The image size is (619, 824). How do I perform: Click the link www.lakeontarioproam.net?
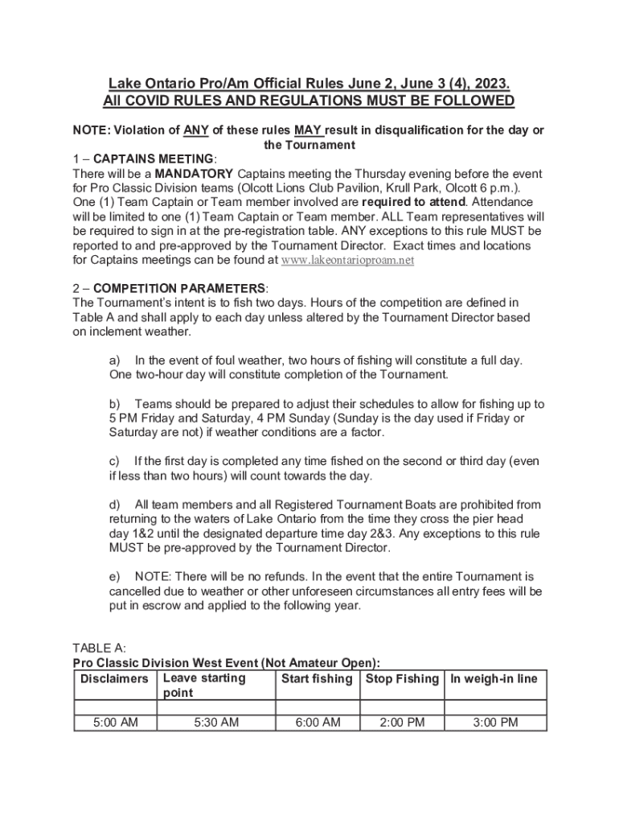pos(346,261)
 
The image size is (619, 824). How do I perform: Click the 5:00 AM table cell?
pos(115,723)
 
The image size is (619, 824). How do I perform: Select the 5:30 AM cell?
pos(216,723)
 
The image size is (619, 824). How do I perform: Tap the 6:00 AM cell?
pos(318,723)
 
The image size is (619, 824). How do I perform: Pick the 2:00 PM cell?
pos(402,723)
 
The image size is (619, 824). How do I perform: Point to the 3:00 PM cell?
pos(495,723)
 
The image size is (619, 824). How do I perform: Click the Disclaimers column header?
pos(115,679)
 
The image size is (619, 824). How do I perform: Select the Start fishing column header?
pos(318,679)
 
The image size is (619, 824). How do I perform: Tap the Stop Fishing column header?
pos(402,679)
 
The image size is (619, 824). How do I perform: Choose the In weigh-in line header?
pos(494,679)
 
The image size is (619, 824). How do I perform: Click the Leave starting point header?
pos(204,686)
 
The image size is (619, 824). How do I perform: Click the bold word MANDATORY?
pos(194,174)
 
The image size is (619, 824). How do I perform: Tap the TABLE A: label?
pos(99,648)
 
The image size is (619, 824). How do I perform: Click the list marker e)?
pos(114,577)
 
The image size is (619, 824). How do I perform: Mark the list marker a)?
pos(114,360)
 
